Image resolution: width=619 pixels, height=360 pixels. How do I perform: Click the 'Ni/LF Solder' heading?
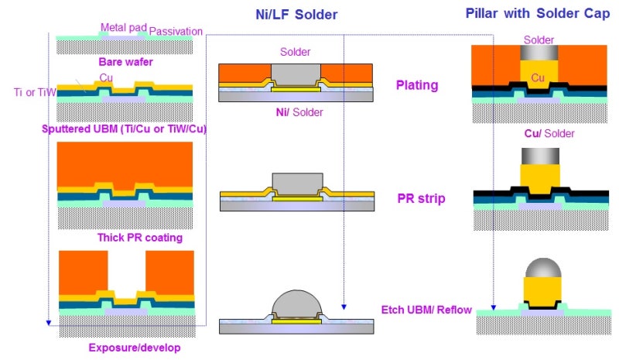click(297, 15)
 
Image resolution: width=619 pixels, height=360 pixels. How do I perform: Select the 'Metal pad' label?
click(123, 28)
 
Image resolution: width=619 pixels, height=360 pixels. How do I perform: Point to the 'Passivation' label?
click(176, 31)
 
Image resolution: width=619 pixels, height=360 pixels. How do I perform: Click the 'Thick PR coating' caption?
click(139, 238)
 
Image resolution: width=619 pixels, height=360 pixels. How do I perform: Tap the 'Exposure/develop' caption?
click(135, 348)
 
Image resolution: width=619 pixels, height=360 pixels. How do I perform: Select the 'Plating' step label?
click(418, 85)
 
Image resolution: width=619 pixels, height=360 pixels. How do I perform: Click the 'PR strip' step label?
click(419, 198)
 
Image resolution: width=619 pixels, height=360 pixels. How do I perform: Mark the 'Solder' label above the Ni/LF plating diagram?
click(295, 52)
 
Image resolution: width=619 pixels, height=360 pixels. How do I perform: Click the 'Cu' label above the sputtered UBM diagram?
click(106, 78)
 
